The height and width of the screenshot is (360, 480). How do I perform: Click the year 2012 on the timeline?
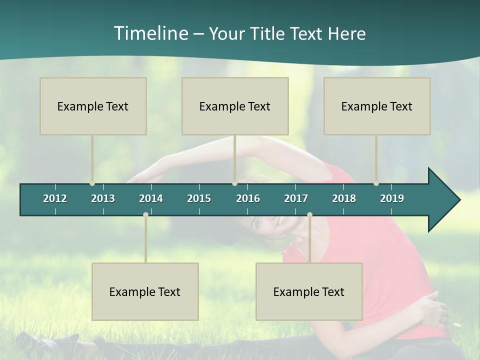pyautogui.click(x=55, y=198)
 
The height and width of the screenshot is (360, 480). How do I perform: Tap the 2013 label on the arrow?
pyautogui.click(x=103, y=198)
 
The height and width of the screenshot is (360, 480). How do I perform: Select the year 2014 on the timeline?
pyautogui.click(x=151, y=198)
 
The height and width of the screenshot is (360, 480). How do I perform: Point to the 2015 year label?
pyautogui.click(x=199, y=198)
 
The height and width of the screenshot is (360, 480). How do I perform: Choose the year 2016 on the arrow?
pyautogui.click(x=248, y=198)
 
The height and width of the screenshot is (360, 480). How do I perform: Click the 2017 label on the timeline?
pyautogui.click(x=296, y=198)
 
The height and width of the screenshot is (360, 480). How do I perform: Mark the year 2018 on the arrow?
pyautogui.click(x=344, y=198)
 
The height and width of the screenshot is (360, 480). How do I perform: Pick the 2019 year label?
pyautogui.click(x=392, y=198)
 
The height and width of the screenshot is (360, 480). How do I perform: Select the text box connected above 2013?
pyautogui.click(x=93, y=106)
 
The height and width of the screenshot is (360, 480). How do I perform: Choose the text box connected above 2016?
pyautogui.click(x=235, y=106)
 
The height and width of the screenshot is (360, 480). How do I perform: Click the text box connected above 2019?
pyautogui.click(x=377, y=106)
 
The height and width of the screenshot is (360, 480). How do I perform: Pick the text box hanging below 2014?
pyautogui.click(x=145, y=291)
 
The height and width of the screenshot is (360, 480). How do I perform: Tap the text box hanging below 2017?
pyautogui.click(x=309, y=291)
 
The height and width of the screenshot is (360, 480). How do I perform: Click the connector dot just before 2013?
pyautogui.click(x=92, y=183)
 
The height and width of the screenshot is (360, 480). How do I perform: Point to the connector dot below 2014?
pyautogui.click(x=145, y=214)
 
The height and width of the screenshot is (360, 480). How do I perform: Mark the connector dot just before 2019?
pyautogui.click(x=376, y=183)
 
